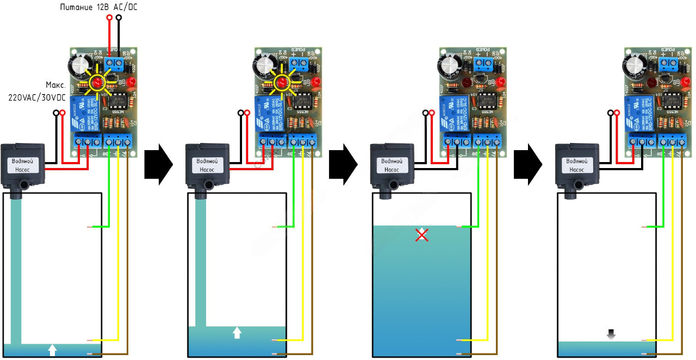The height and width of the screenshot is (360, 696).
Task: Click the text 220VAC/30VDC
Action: (33, 98)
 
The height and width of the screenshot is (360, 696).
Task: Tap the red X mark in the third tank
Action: (421, 234)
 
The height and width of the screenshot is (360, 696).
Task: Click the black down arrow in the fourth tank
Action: (611, 334)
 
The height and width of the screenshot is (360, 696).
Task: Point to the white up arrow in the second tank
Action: (237, 332)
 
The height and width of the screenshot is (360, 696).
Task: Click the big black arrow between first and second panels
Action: (158, 162)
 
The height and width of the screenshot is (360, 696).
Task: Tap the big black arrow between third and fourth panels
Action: (527, 162)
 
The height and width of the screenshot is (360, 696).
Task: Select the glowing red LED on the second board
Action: (282, 83)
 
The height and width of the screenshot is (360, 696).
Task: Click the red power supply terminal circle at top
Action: (109, 18)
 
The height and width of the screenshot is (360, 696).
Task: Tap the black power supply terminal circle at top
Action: (119, 18)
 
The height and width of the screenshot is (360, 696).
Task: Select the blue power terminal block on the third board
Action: (485, 66)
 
